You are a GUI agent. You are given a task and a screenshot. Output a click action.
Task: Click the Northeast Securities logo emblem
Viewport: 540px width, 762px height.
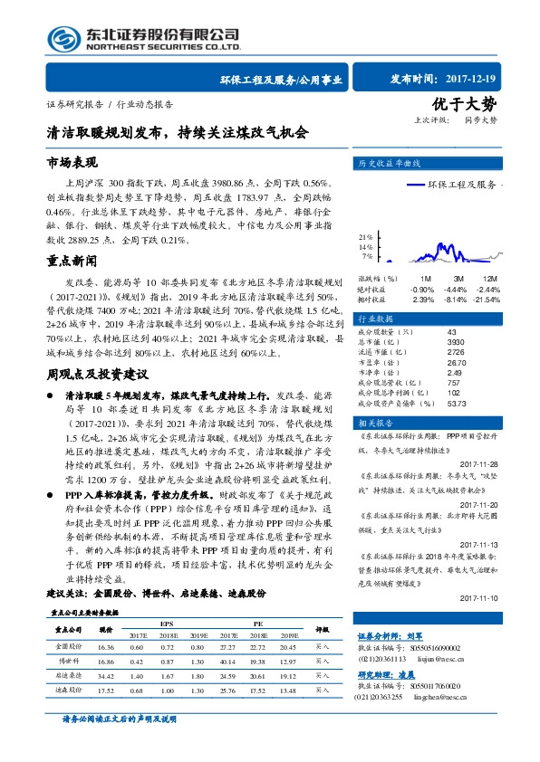pyautogui.click(x=61, y=38)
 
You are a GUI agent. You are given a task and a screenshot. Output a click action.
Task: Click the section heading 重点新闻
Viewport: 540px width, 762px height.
pyautogui.click(x=71, y=259)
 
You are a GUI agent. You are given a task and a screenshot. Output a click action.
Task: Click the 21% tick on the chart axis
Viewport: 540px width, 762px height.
pyautogui.click(x=367, y=236)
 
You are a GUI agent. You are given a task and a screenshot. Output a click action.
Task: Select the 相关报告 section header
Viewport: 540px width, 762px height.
pyautogui.click(x=377, y=423)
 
